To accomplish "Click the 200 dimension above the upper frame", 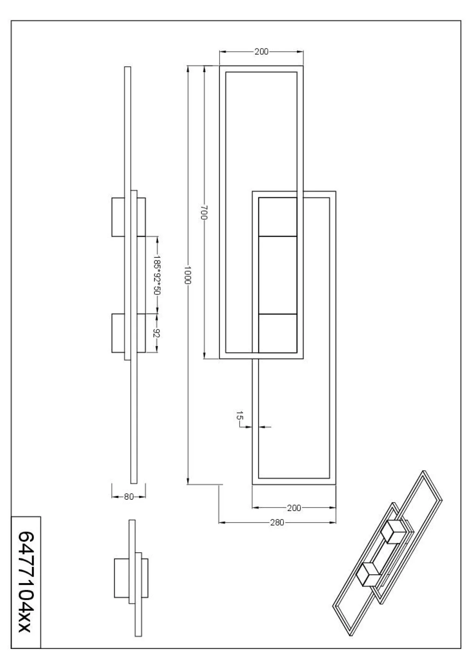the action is pyautogui.click(x=261, y=51).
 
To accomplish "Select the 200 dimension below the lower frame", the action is pyautogui.click(x=294, y=508).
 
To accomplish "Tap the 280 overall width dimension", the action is pyautogui.click(x=277, y=522).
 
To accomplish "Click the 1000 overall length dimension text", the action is pyautogui.click(x=188, y=275).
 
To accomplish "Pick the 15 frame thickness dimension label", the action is pyautogui.click(x=240, y=415).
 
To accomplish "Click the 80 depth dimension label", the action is pyautogui.click(x=129, y=497).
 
